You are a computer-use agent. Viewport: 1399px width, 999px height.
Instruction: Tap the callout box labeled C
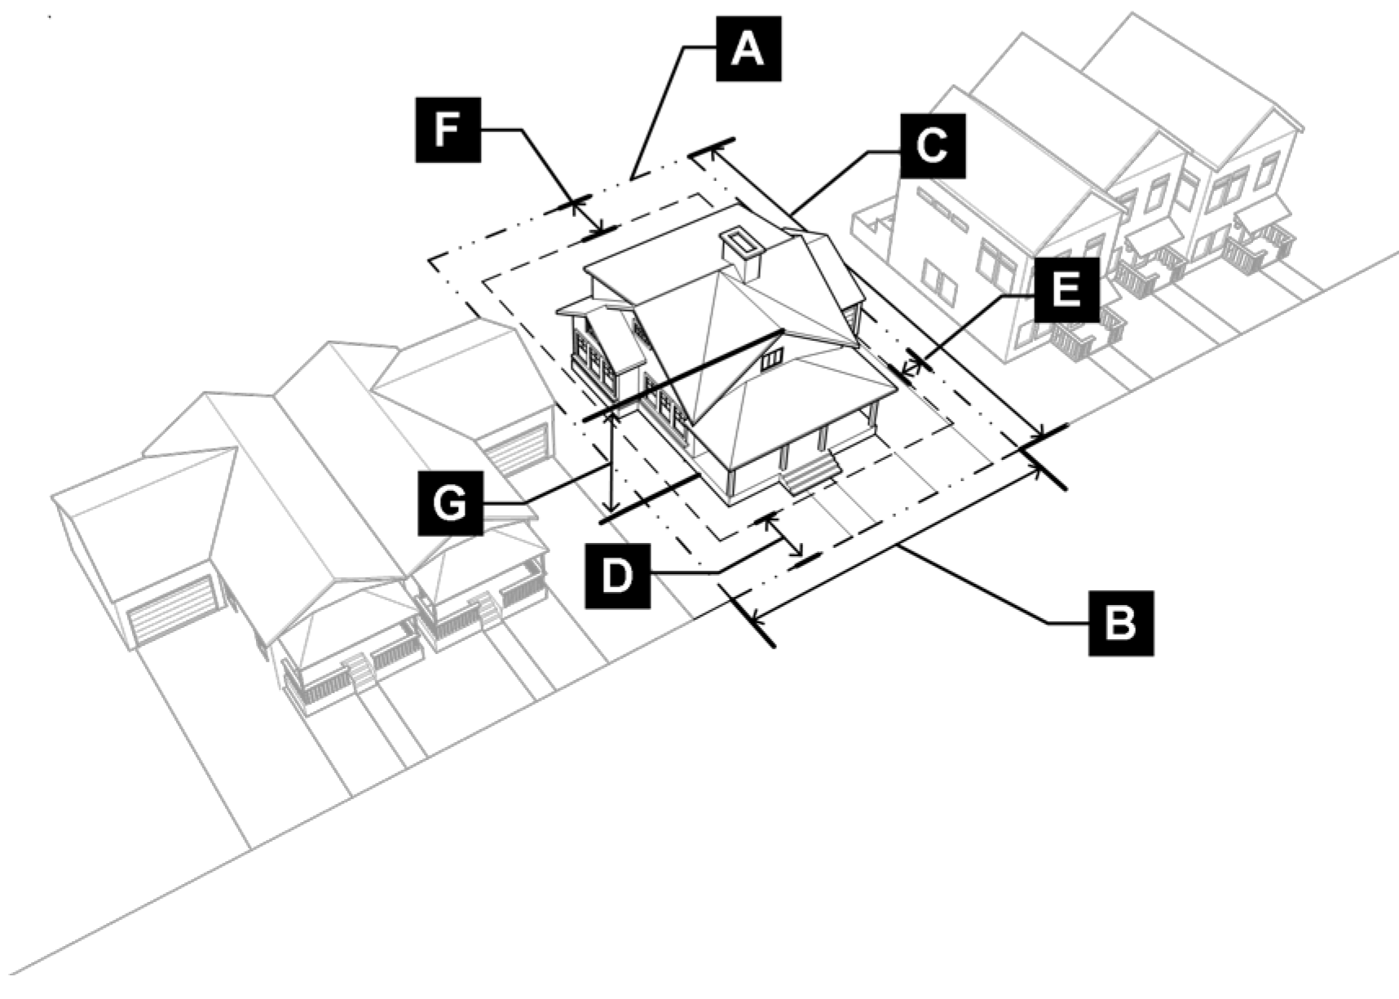(933, 146)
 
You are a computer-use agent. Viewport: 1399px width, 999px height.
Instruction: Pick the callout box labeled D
(618, 576)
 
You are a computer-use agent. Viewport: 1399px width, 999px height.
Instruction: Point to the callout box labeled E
(1067, 290)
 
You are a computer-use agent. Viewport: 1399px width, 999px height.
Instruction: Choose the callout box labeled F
(448, 129)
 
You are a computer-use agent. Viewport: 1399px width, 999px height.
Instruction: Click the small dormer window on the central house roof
(772, 356)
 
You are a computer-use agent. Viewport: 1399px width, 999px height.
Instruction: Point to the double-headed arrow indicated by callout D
(783, 536)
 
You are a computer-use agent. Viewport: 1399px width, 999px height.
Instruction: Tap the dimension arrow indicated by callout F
(586, 218)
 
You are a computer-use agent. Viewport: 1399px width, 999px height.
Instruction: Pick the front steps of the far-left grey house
(357, 671)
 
